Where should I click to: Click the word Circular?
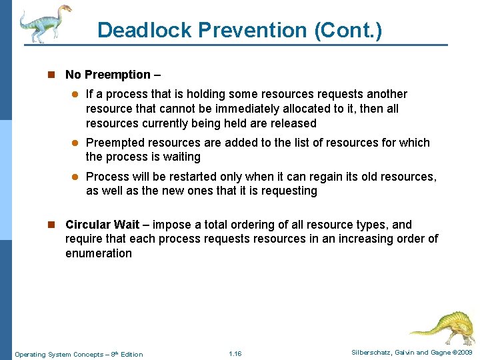[x=87, y=225]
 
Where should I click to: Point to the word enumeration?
[x=99, y=253]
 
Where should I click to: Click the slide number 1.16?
[x=235, y=354]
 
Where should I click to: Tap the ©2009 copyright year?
[x=460, y=353]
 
